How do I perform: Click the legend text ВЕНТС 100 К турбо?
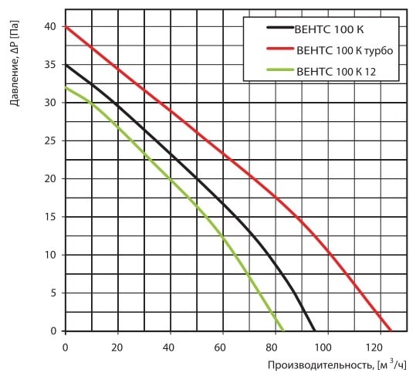[345, 51]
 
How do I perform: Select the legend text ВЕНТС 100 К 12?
[337, 72]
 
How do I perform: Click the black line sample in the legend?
[280, 27]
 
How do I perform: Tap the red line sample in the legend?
[280, 49]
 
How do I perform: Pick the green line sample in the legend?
[280, 69]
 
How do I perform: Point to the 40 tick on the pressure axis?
[50, 27]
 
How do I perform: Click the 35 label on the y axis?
[50, 65]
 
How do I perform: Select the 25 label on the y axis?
[50, 141]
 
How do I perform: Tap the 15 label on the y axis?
[50, 217]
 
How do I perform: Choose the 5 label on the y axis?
[53, 293]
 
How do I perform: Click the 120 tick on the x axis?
[380, 347]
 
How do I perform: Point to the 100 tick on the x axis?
[328, 347]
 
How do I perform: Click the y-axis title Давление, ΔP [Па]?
[15, 63]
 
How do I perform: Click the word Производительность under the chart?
[320, 365]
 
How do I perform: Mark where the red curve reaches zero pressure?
[391, 331]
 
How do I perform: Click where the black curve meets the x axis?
[314, 331]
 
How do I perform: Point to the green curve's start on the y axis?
[66, 87]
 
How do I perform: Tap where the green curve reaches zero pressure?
[283, 331]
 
